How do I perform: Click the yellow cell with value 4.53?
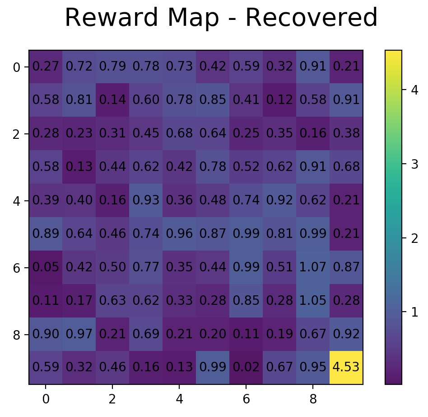click(346, 368)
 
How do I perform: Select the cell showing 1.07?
click(313, 267)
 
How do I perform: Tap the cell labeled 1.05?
click(313, 301)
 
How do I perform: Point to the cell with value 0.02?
click(246, 368)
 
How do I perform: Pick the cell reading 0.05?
click(46, 267)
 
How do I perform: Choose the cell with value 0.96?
click(179, 234)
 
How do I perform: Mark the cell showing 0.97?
click(79, 334)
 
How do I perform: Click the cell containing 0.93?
click(146, 200)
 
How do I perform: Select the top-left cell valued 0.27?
click(46, 66)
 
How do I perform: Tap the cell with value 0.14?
click(112, 100)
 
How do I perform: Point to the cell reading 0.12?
click(279, 100)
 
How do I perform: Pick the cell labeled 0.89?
click(46, 234)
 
